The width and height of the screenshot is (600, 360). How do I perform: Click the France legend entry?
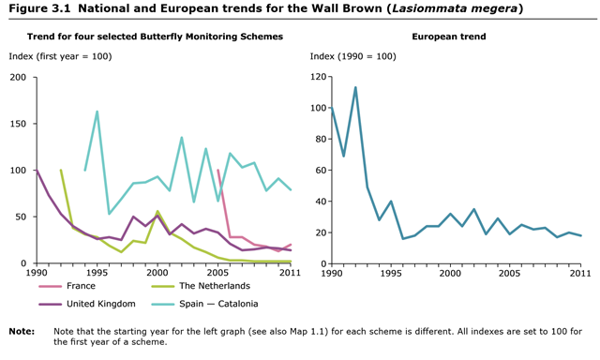(81, 286)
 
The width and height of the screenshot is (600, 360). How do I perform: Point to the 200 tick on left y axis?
(17, 77)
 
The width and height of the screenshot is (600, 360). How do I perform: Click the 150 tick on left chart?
(17, 124)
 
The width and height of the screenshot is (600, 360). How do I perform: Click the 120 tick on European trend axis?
(320, 77)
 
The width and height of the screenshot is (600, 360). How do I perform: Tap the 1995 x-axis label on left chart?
(97, 273)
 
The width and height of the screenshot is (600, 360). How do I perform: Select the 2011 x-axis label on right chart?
(581, 273)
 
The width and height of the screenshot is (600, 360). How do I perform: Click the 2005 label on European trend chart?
(509, 273)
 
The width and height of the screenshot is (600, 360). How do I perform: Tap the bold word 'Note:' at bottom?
(22, 331)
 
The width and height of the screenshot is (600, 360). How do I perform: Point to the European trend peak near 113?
(355, 87)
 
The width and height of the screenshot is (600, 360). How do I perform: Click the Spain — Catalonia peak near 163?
(97, 112)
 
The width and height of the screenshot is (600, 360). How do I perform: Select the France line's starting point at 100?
(218, 171)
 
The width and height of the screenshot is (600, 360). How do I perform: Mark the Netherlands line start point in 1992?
(61, 171)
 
